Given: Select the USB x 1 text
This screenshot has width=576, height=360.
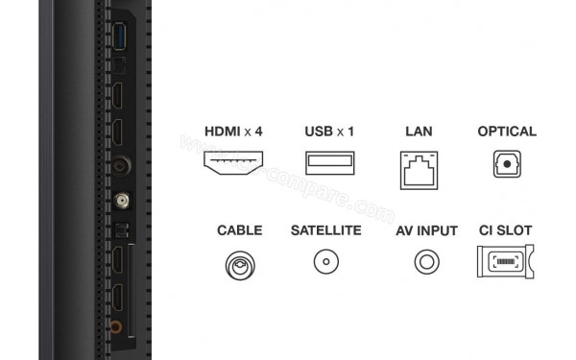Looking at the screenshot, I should click(329, 132).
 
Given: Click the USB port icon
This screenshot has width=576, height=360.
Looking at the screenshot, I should click(329, 164).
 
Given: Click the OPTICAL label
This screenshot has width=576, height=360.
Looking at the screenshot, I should click(507, 132).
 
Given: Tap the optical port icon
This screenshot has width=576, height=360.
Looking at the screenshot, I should click(507, 165).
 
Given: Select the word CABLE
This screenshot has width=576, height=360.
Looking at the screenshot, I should click(239, 231).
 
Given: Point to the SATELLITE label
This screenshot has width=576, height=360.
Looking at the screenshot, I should click(325, 231).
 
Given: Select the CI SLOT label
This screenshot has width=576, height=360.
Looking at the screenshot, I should click(505, 231).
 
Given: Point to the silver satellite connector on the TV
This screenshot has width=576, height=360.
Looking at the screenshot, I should click(122, 202).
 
